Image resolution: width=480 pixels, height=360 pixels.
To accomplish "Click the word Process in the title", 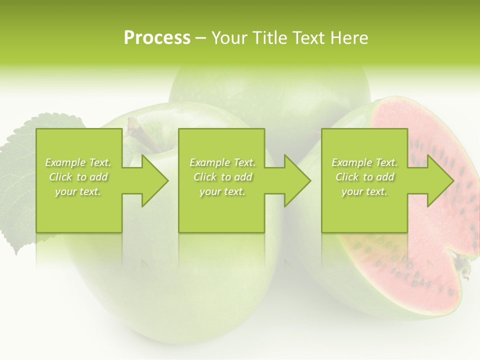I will click(157, 38).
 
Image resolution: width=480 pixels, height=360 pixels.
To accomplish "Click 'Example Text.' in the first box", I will click(78, 162).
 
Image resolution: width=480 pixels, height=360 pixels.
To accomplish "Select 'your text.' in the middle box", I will click(222, 192).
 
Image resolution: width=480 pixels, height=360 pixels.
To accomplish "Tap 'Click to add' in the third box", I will click(365, 177).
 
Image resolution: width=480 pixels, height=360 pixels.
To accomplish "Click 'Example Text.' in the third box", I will click(365, 162).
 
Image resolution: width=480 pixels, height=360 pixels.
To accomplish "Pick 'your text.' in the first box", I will click(78, 192).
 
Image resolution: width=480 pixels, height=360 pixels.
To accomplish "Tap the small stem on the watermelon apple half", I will click(464, 267).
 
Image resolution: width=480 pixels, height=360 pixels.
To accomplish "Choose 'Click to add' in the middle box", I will click(222, 177).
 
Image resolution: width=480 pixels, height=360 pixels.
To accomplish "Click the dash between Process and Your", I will click(201, 38).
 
